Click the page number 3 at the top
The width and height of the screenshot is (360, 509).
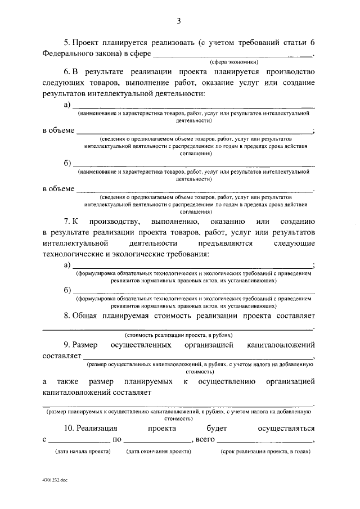tap(179, 21)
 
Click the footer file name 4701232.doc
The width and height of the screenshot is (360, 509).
tap(54, 481)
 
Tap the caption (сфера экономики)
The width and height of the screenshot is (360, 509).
tap(234, 62)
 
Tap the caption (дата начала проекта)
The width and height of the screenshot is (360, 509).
tap(82, 452)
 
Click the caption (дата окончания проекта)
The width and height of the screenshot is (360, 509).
tap(157, 452)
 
